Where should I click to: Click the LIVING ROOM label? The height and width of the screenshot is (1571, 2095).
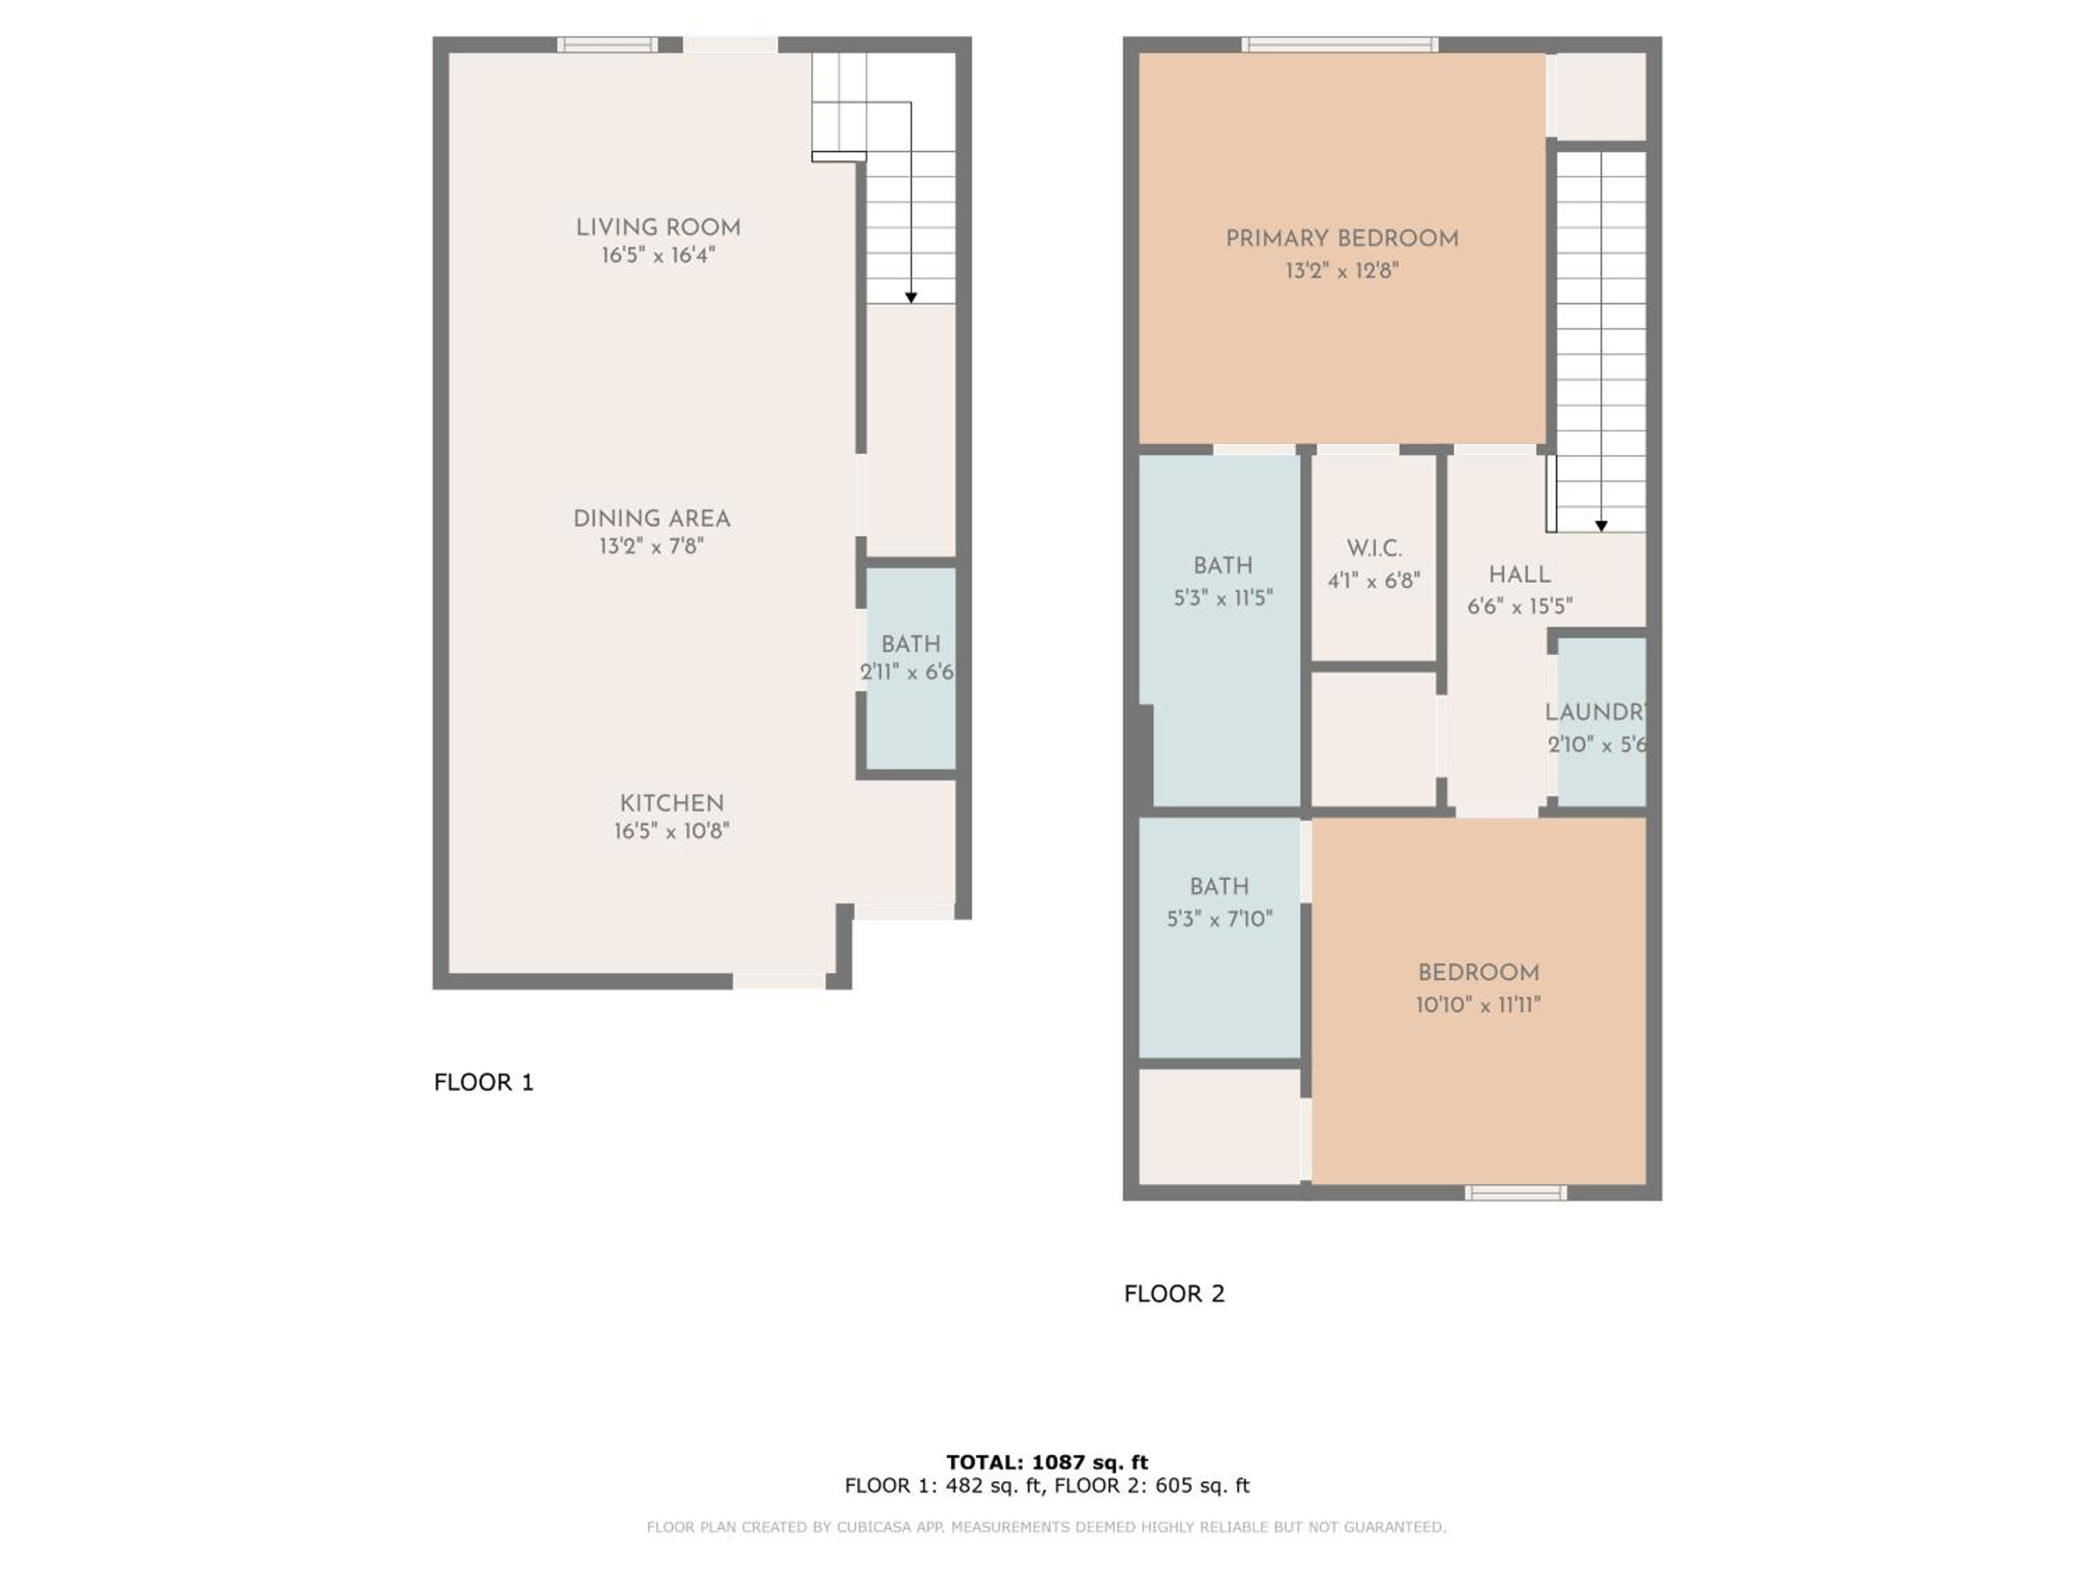coord(659,227)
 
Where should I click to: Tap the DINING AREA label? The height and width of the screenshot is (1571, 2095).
coord(652,519)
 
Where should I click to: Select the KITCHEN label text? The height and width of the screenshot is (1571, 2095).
coord(672,803)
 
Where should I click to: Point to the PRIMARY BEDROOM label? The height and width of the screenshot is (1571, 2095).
coord(1342,239)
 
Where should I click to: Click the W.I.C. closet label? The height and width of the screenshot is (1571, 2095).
coord(1374,548)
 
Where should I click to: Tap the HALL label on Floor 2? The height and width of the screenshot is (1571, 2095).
coord(1519,575)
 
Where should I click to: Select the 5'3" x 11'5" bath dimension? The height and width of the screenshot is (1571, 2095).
coord(1223,598)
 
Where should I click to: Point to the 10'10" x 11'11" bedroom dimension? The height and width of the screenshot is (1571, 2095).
coord(1478,1005)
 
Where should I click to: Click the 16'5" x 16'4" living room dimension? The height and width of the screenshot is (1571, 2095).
coord(659,255)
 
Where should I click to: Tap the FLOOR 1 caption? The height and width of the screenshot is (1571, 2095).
coord(484,1082)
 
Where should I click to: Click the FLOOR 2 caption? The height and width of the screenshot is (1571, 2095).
coord(1175,1294)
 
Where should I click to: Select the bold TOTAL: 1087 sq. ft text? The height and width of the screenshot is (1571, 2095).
coord(1047,1462)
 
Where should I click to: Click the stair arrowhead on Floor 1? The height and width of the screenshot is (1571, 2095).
coord(911,297)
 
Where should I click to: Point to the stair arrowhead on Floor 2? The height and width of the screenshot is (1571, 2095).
coord(1601,526)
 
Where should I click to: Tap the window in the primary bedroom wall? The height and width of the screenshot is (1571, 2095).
coord(1340,45)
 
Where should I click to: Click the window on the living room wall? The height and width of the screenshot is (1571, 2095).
coord(607,45)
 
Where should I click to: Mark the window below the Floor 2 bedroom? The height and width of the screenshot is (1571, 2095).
coord(1515,1193)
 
